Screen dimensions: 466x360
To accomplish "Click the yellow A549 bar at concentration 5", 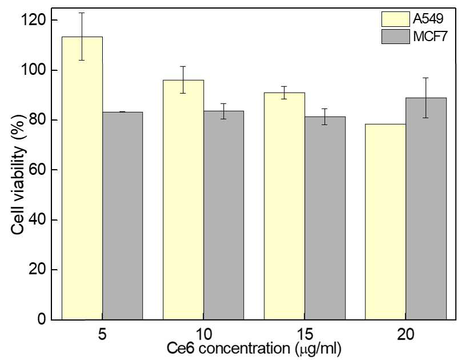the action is click(82, 178).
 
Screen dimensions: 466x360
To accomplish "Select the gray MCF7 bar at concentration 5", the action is click(122, 216).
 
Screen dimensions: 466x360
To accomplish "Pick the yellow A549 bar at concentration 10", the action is click(183, 200).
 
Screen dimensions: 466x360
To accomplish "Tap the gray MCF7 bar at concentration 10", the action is click(224, 215).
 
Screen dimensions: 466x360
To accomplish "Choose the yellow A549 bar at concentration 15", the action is click(284, 206).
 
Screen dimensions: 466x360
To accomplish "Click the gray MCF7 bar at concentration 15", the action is click(325, 218).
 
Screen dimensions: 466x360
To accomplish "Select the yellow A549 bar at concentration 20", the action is click(385, 222).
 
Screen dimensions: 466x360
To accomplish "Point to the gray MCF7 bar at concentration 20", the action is click(426, 209).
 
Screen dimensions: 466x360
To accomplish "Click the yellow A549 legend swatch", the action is click(396, 19).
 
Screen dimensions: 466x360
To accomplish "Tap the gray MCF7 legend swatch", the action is click(396, 37).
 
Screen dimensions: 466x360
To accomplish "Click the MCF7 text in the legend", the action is click(430, 37).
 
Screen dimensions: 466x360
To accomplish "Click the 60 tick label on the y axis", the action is click(37, 170).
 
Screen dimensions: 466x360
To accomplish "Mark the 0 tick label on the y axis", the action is click(42, 319).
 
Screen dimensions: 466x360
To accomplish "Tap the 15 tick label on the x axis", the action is click(305, 334).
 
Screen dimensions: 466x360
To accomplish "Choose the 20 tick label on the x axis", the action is click(405, 334).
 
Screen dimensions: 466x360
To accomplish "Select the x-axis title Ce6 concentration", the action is click(228, 348).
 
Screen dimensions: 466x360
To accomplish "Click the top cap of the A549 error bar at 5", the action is click(82, 13).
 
